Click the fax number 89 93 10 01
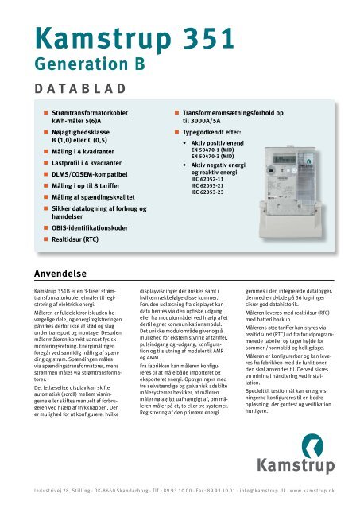click(x=203, y=492)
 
